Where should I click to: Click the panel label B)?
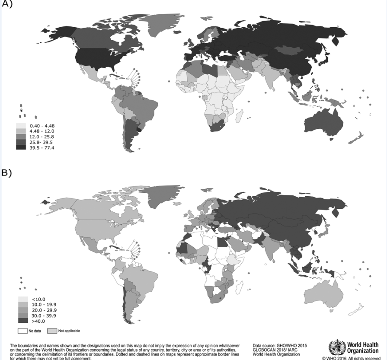(x=7, y=173)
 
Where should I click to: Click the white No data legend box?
(x=23, y=331)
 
